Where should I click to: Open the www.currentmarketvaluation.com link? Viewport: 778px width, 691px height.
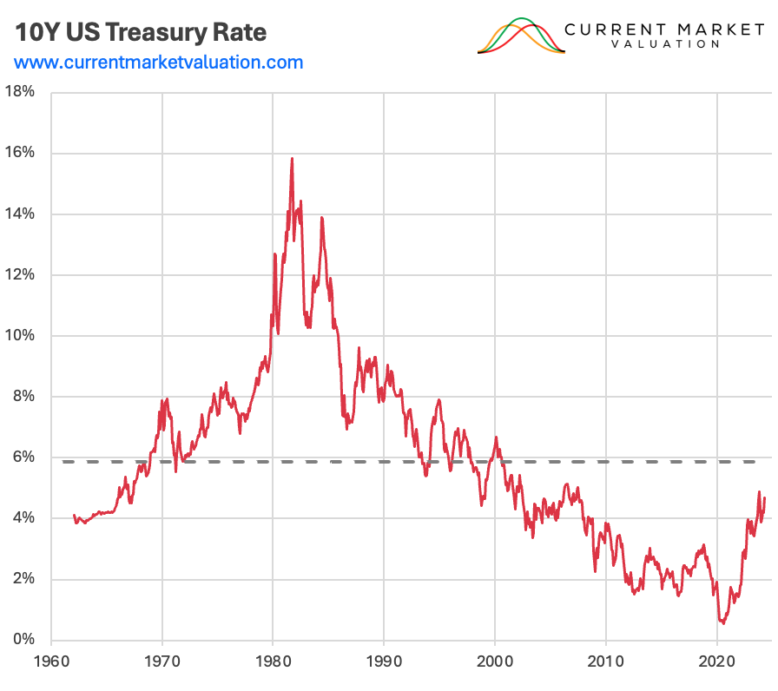[x=159, y=63]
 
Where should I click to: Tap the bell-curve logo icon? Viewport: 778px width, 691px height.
[x=521, y=36]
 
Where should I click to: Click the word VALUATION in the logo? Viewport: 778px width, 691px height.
[x=664, y=44]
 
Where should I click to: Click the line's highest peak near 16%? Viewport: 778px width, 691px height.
[x=292, y=159]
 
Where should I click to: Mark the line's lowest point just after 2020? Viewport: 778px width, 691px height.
[x=722, y=622]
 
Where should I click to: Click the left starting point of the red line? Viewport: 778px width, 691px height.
[x=74, y=516]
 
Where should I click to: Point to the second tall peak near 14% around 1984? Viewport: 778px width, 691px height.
[x=321, y=218]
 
